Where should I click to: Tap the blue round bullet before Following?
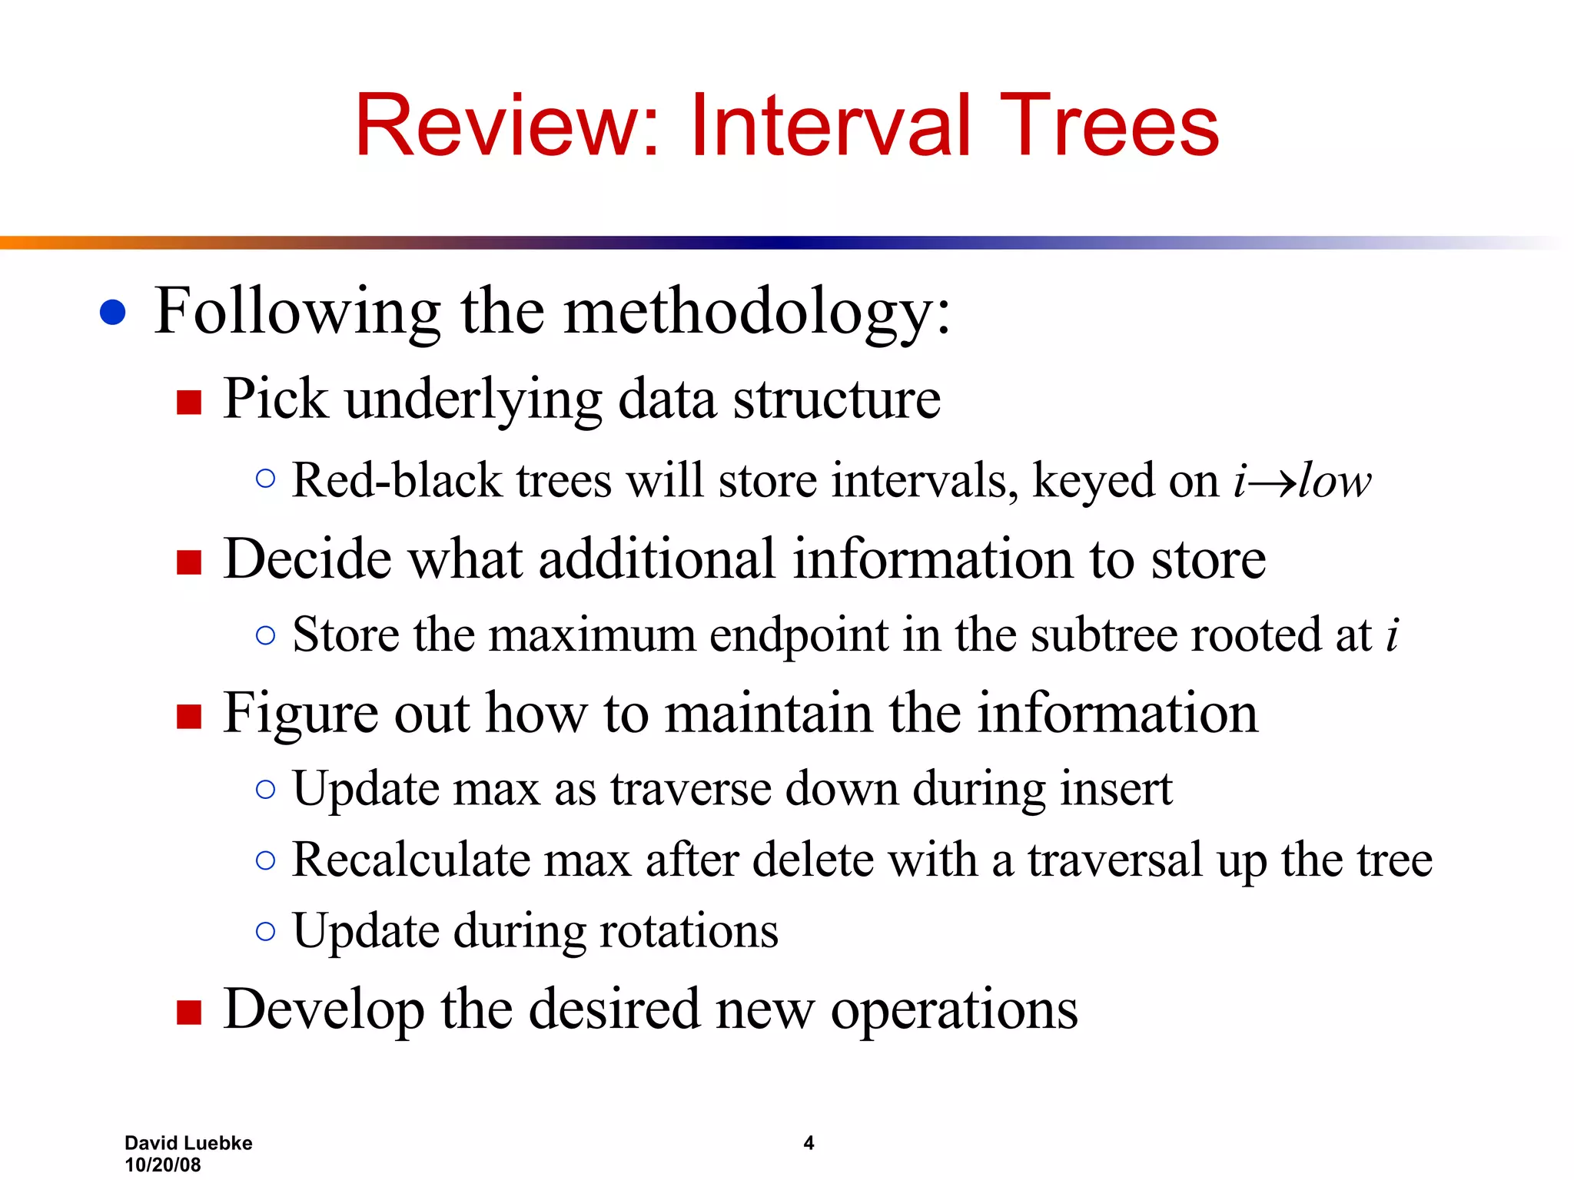pos(113,312)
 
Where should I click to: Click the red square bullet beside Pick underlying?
pos(188,402)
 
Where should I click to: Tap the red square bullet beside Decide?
pos(188,562)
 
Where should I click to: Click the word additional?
pos(656,559)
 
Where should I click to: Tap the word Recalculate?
pos(411,860)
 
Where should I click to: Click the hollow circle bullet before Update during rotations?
pos(265,931)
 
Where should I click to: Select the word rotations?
pos(689,931)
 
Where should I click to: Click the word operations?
pos(954,1010)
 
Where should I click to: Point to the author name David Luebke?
pos(188,1143)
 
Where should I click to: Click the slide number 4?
pos(809,1143)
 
